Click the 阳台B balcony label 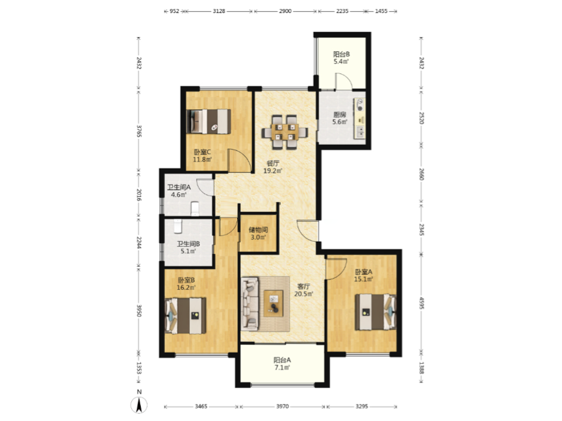pos(341,55)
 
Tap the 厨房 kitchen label pos(340,114)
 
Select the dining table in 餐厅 pos(285,132)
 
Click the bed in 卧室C pos(209,121)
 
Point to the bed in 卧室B pos(185,316)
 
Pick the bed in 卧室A pos(376,312)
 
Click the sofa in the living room pos(250,303)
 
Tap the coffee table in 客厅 pos(274,303)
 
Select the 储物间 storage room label pos(258,230)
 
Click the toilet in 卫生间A pos(195,209)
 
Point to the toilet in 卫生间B pos(178,226)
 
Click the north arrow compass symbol pos(139,405)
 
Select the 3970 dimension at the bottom pos(283,406)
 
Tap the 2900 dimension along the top pos(285,11)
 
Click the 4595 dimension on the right pos(422,303)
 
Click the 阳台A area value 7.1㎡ pos(282,368)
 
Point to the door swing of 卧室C pos(240,160)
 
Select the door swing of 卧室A pos(336,269)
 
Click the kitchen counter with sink pos(359,118)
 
